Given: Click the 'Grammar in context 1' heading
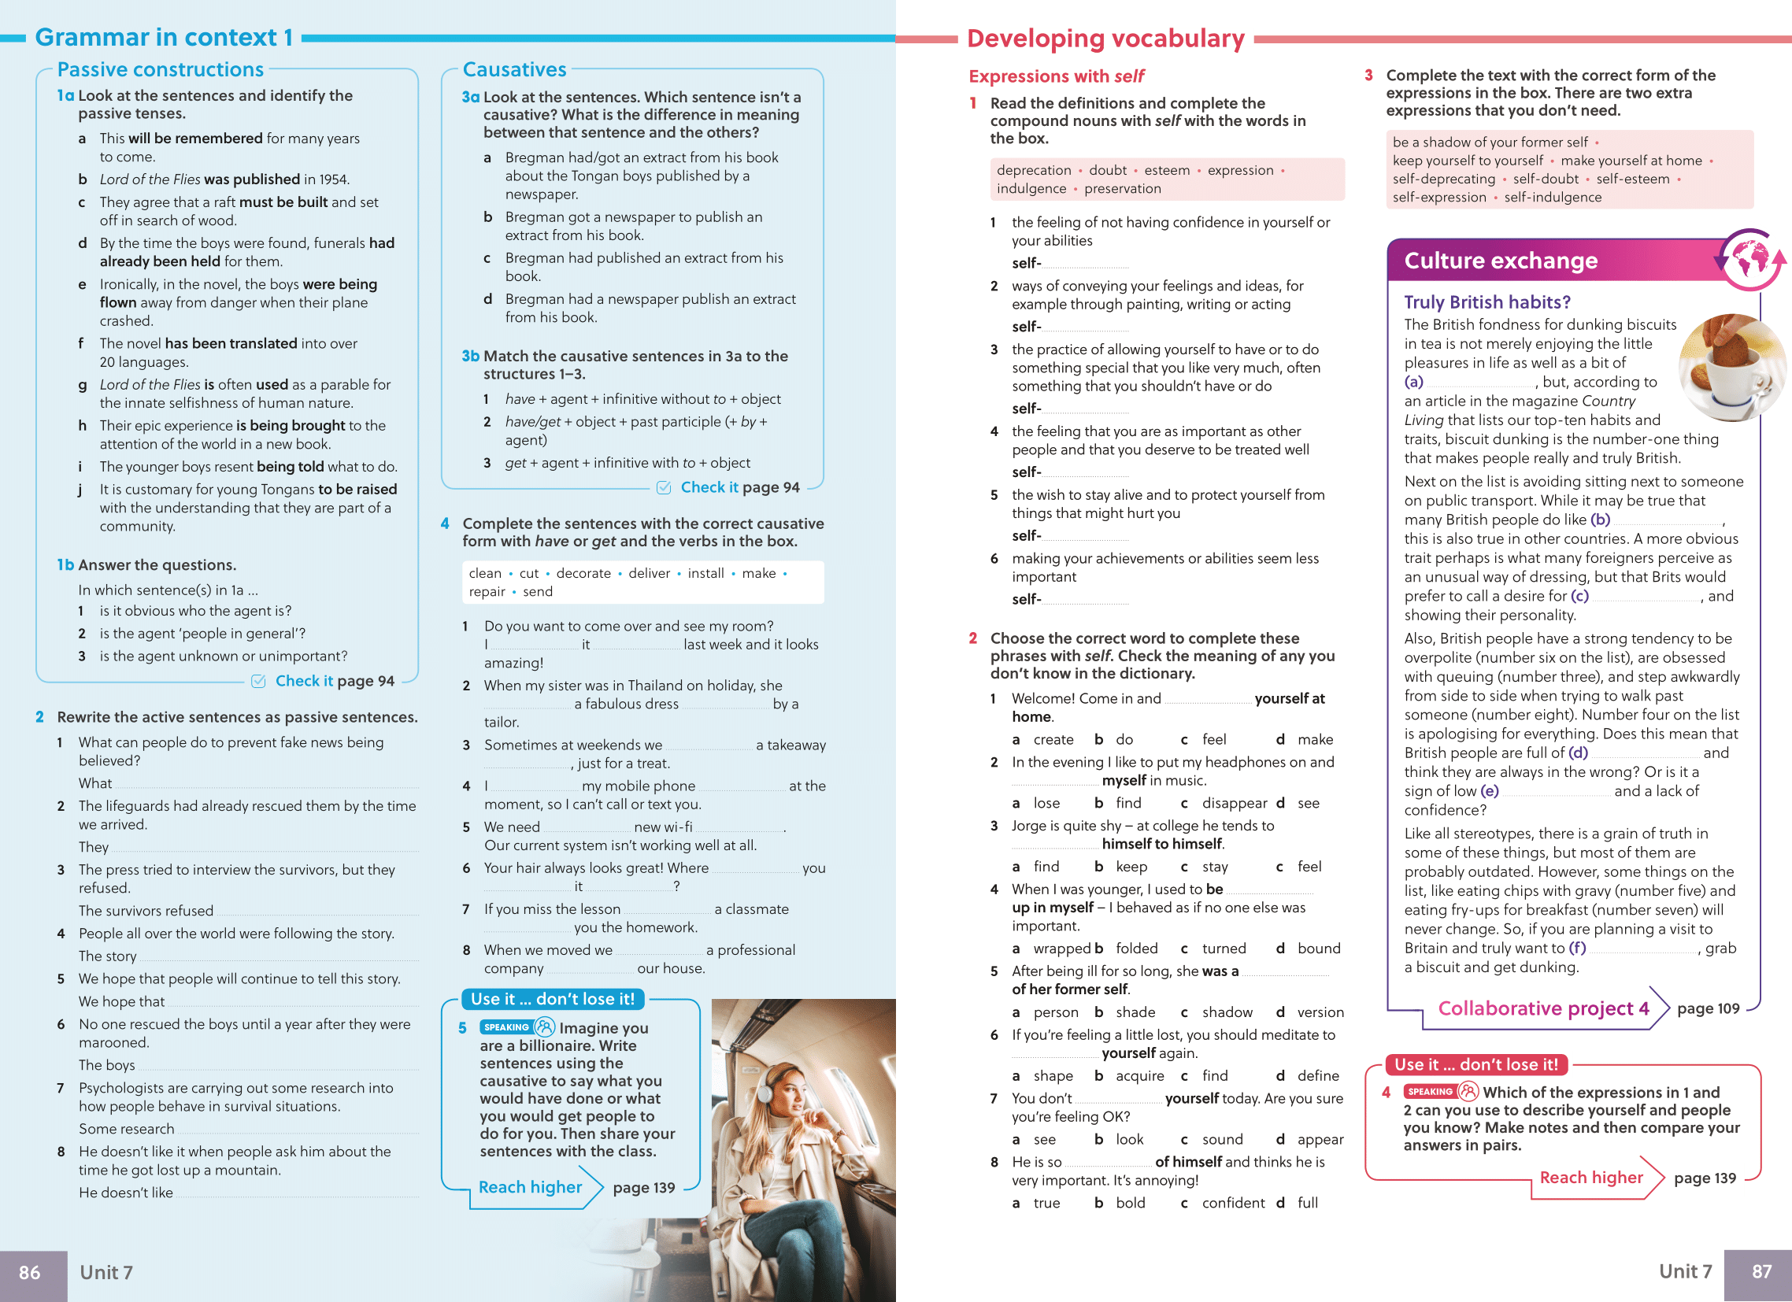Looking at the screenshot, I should click(x=164, y=37).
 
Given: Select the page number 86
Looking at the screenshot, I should click(x=30, y=1272).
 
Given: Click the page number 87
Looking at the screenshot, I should click(x=1761, y=1271).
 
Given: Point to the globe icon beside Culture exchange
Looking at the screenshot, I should click(x=1750, y=260).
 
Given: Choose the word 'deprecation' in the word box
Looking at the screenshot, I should click(x=1034, y=171).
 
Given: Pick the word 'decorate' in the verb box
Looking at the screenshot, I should click(x=583, y=574).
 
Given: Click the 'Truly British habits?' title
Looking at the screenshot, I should click(x=1487, y=302).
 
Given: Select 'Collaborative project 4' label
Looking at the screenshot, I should click(x=1543, y=1009).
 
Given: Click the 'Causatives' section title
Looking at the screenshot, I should click(x=514, y=70).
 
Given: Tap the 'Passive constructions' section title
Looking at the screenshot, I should click(x=161, y=70).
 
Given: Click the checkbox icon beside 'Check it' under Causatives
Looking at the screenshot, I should click(x=664, y=487).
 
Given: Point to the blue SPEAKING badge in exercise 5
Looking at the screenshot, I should click(x=506, y=1027).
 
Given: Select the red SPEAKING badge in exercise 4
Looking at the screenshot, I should click(x=1430, y=1092).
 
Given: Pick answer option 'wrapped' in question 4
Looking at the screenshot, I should click(x=1061, y=949).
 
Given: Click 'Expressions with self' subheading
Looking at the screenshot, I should click(x=1056, y=76).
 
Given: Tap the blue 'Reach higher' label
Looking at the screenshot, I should click(x=530, y=1187).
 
